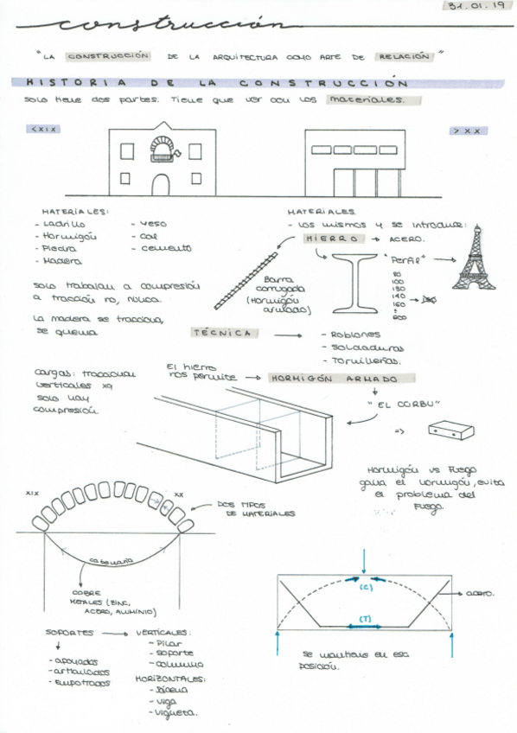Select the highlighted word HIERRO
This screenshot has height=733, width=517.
coord(331,238)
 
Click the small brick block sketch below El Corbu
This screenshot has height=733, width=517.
coord(452,430)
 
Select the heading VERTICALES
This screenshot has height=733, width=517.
coord(163,633)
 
